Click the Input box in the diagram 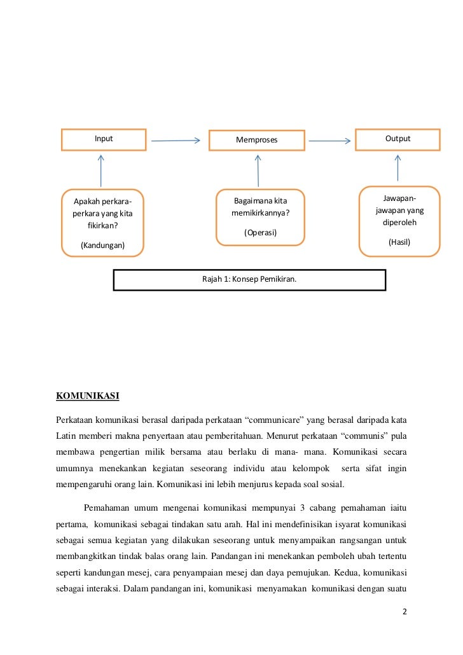click(x=104, y=139)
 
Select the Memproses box click(x=257, y=140)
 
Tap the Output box click(x=397, y=139)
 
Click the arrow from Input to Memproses click(x=176, y=141)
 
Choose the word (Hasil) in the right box click(x=399, y=242)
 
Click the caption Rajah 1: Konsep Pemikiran click(x=249, y=279)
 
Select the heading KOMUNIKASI click(x=88, y=396)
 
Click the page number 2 click(x=404, y=612)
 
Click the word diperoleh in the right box click(x=399, y=223)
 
